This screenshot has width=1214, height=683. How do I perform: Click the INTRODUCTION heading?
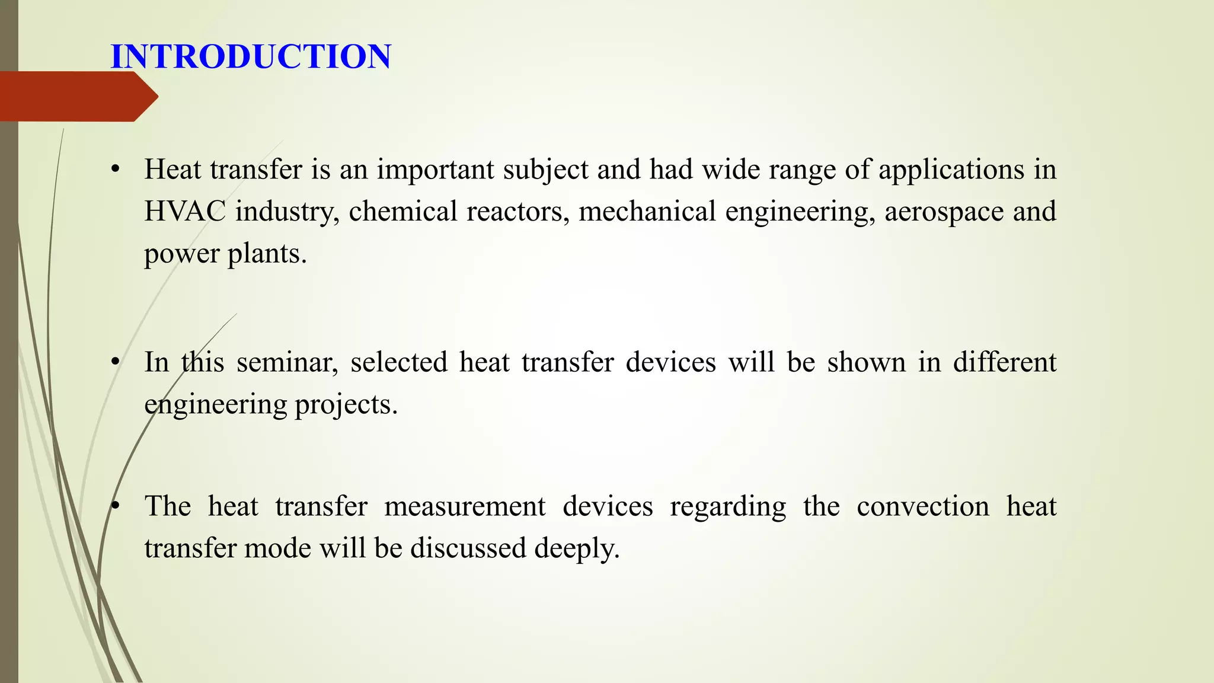coord(251,57)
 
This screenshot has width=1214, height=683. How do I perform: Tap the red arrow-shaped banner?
coord(77,97)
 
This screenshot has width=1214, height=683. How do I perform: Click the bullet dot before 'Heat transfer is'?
coord(116,170)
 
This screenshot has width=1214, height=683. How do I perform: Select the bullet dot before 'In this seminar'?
coord(116,362)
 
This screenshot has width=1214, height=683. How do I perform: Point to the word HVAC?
coord(185,212)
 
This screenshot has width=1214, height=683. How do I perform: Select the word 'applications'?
coord(951,170)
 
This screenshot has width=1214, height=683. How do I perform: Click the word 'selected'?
coord(399,362)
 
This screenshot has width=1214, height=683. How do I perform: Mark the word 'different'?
coord(1005,362)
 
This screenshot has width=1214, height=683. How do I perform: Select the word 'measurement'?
coord(465,507)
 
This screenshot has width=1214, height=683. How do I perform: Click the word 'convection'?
coord(923,507)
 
